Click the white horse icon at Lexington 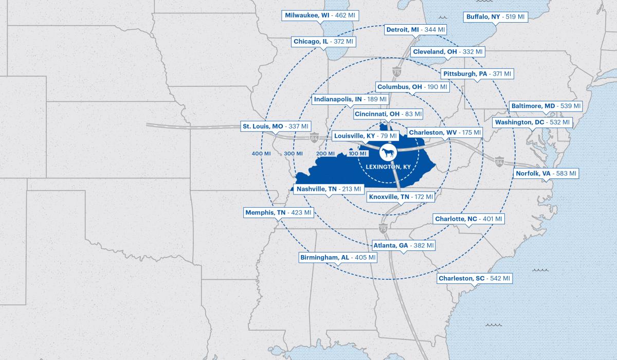click(x=388, y=153)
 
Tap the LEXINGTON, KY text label click(x=388, y=167)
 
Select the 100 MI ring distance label click(x=358, y=154)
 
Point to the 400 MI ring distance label click(x=261, y=154)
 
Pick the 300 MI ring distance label click(x=293, y=154)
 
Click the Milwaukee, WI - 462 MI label click(x=320, y=15)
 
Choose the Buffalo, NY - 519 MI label click(x=496, y=17)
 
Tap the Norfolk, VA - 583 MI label click(x=546, y=173)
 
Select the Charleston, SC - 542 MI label click(x=474, y=278)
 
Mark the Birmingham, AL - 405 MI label click(x=338, y=257)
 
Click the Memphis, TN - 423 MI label click(x=278, y=212)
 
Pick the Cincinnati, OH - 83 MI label click(x=388, y=114)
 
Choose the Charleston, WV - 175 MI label click(x=445, y=133)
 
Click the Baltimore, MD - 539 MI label click(x=545, y=106)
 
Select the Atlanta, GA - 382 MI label click(x=404, y=246)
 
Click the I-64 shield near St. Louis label click(x=314, y=138)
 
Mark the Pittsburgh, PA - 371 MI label click(x=477, y=74)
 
